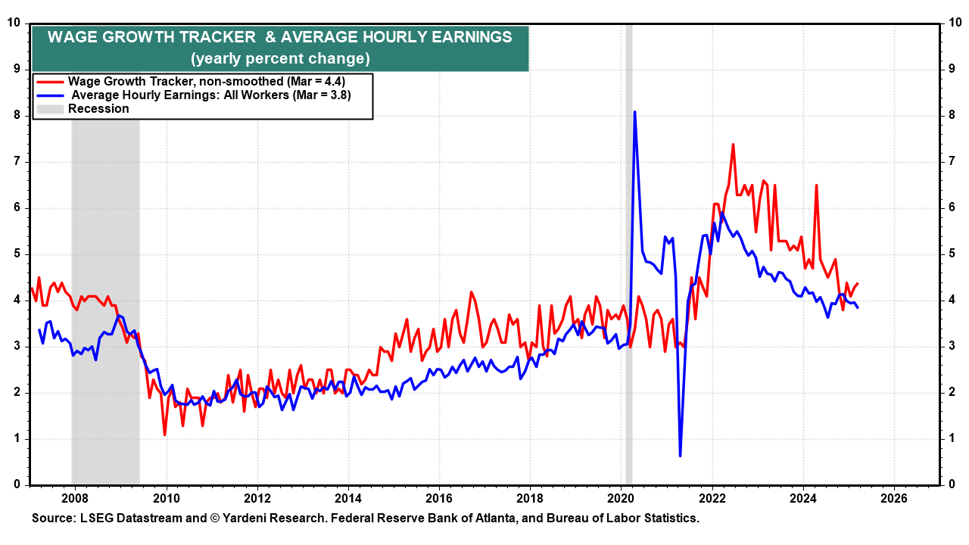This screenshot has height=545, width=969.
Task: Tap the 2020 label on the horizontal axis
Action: (x=621, y=500)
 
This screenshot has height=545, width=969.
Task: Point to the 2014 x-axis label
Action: (x=348, y=500)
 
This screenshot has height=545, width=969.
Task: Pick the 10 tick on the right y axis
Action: (x=955, y=23)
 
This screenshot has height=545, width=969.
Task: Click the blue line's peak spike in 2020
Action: (x=634, y=112)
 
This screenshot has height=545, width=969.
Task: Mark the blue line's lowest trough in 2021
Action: (x=680, y=456)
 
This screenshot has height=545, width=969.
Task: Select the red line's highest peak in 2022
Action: (x=733, y=144)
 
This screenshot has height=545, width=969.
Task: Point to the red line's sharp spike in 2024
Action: (x=816, y=185)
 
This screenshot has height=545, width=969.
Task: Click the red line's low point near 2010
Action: (x=164, y=434)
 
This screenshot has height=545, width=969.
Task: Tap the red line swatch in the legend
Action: (x=51, y=81)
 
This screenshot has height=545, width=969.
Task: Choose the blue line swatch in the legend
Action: (x=51, y=95)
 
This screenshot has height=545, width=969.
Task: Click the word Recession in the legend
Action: (x=98, y=109)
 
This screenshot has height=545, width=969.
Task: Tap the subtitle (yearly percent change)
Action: (x=280, y=58)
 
